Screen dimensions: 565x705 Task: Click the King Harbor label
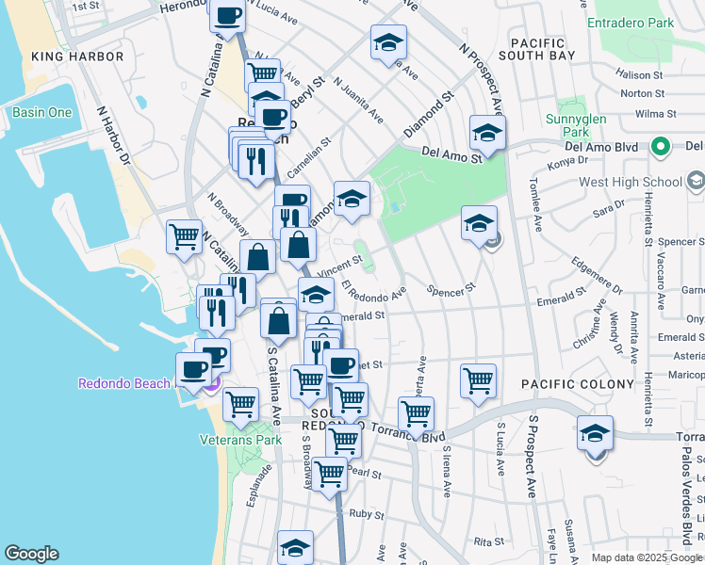tap(77, 56)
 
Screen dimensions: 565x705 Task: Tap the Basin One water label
tap(42, 113)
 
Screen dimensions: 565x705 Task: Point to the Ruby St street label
tap(362, 514)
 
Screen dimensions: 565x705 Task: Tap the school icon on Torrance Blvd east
tap(595, 433)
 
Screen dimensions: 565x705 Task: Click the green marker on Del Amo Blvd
tap(661, 147)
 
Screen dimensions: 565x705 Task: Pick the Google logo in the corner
tap(31, 554)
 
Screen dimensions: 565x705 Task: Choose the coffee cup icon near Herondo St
tap(228, 16)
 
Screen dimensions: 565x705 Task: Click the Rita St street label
tap(489, 542)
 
